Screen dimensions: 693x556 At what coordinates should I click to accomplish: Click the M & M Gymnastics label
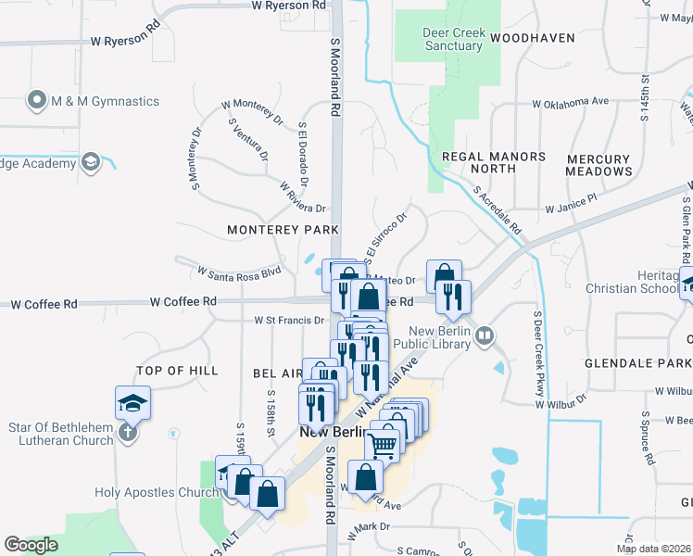107,102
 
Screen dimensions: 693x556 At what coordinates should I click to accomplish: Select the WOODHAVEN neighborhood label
533,38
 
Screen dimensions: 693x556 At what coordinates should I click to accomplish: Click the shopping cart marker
383,446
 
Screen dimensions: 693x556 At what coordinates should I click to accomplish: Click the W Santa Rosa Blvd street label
239,272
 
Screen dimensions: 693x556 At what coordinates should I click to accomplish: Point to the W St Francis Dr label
290,321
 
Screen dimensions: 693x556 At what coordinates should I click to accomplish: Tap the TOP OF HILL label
177,371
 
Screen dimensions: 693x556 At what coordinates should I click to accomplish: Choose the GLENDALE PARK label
653,364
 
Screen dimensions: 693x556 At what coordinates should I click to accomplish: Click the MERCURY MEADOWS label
599,165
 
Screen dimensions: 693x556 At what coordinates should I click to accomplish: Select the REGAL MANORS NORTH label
493,162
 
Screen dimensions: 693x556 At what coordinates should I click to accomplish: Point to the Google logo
31,544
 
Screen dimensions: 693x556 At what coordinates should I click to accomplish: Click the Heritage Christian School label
638,282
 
